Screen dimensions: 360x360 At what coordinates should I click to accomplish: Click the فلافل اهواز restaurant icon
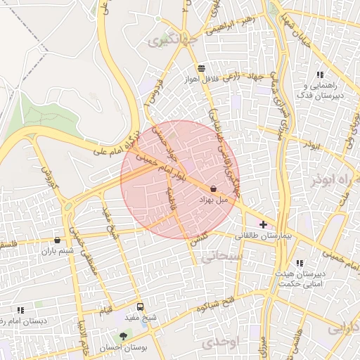[202, 69]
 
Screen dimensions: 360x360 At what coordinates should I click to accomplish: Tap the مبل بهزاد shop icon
[213, 188]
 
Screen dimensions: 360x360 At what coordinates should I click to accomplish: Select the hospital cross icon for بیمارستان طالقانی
[263, 224]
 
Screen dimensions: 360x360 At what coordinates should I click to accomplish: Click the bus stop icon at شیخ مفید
[140, 307]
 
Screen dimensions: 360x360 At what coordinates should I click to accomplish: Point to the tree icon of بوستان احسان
[124, 336]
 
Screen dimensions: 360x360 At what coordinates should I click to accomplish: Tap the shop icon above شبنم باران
[57, 240]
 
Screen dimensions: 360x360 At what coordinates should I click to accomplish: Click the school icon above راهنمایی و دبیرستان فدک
[320, 75]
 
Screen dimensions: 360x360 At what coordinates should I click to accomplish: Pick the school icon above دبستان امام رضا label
[20, 309]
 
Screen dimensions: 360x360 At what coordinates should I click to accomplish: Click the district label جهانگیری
[169, 41]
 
